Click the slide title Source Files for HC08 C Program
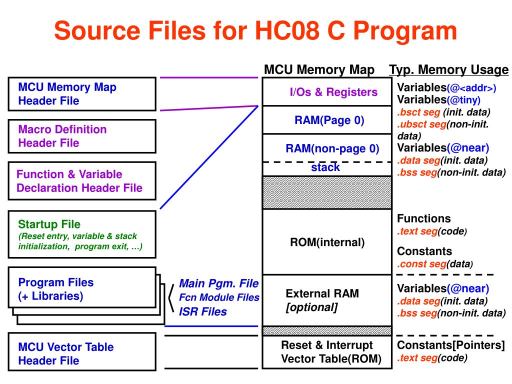[255, 30]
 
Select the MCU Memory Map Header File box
[82, 94]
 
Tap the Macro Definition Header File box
[82, 136]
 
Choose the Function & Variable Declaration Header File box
[82, 181]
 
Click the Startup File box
[82, 234]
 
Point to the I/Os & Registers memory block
[327, 92]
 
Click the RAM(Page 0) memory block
[327, 120]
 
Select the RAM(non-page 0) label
[332, 148]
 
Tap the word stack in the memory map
[325, 167]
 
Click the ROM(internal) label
[327, 242]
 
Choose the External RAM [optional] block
[327, 300]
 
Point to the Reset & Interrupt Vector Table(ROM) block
[327, 352]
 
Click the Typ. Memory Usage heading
[448, 69]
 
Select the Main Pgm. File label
[219, 283]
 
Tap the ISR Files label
[203, 311]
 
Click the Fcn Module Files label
[219, 297]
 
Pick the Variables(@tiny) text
[438, 99]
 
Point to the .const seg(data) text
[435, 263]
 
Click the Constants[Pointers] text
[451, 345]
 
